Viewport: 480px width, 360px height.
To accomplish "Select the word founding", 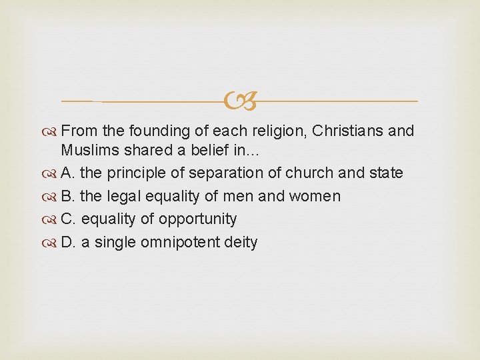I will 153,131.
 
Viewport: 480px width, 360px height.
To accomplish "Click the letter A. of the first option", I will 68,173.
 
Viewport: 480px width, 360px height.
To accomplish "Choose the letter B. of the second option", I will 68,197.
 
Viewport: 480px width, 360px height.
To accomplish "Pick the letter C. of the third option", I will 69,219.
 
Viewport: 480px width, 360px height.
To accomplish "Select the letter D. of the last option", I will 69,243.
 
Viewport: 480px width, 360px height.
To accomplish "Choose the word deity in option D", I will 241,243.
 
